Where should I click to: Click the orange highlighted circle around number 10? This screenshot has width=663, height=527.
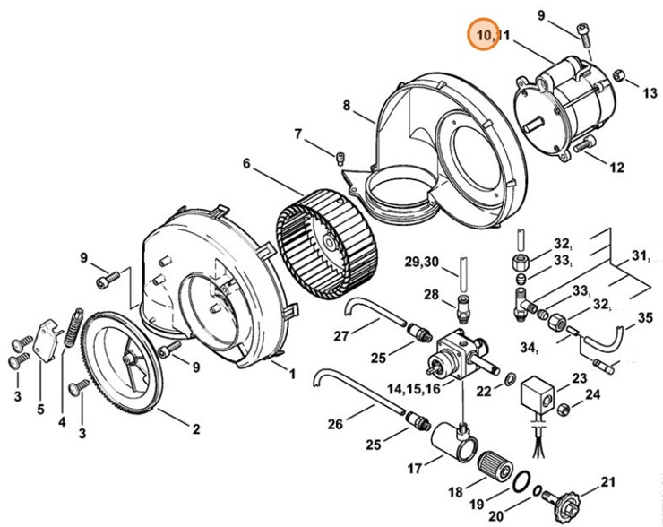point(483,34)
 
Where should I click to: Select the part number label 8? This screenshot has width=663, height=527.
point(347,106)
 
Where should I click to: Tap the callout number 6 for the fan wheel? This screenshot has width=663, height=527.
point(246,163)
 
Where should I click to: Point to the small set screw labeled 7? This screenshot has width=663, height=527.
point(340,158)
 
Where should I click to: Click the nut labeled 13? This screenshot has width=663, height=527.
point(619,76)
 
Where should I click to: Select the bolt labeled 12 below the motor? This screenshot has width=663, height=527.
point(584,143)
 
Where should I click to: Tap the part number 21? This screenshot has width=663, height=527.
point(607,481)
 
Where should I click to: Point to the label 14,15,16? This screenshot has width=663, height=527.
point(414,389)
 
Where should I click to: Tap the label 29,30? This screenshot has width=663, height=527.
point(422,262)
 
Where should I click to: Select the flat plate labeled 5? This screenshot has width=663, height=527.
point(47,341)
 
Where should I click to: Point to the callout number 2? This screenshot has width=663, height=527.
point(196,429)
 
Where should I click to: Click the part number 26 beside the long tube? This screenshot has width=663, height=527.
point(335,423)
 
